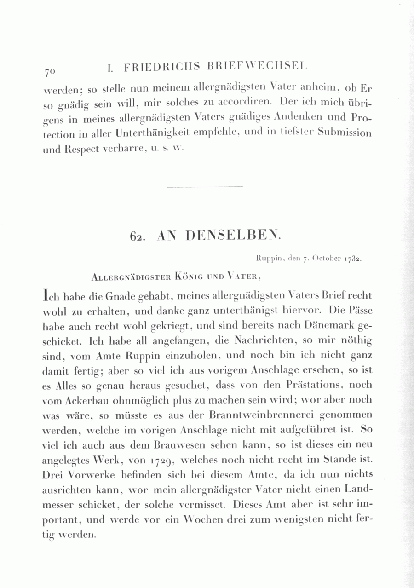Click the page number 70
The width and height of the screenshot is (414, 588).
(x=50, y=72)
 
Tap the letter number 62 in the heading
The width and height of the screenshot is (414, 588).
(x=138, y=236)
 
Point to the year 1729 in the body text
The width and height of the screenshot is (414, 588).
(x=159, y=460)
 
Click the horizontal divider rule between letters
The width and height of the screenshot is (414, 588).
(x=205, y=186)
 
